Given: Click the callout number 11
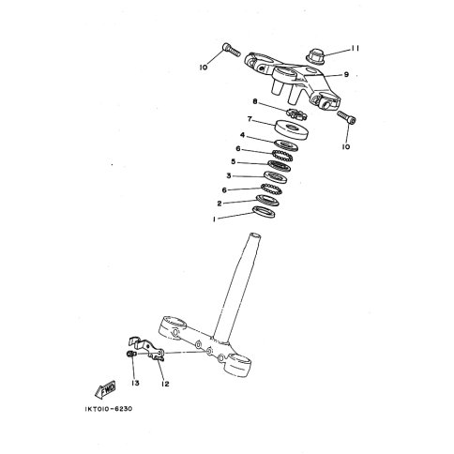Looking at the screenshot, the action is pyautogui.click(x=355, y=49).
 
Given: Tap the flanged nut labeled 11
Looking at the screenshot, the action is pyautogui.click(x=314, y=56).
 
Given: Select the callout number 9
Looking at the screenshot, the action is pyautogui.click(x=346, y=75).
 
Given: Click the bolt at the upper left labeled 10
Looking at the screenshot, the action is pyautogui.click(x=231, y=50).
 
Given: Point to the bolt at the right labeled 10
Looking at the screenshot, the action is pyautogui.click(x=347, y=117).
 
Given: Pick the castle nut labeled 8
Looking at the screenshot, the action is pyautogui.click(x=296, y=113).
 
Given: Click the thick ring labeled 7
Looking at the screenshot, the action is pyautogui.click(x=292, y=129).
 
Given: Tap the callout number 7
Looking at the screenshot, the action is pyautogui.click(x=250, y=119).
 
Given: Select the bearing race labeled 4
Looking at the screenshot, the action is pyautogui.click(x=286, y=145).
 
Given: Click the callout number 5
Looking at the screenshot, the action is pyautogui.click(x=234, y=162).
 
